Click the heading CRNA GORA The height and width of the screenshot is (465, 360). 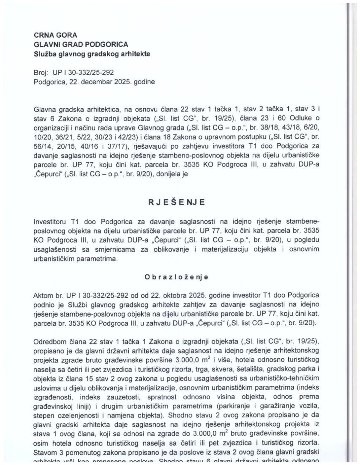(x=51, y=35)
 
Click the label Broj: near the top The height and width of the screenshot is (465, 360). (x=41, y=72)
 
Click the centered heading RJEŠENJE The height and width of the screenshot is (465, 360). (x=176, y=202)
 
